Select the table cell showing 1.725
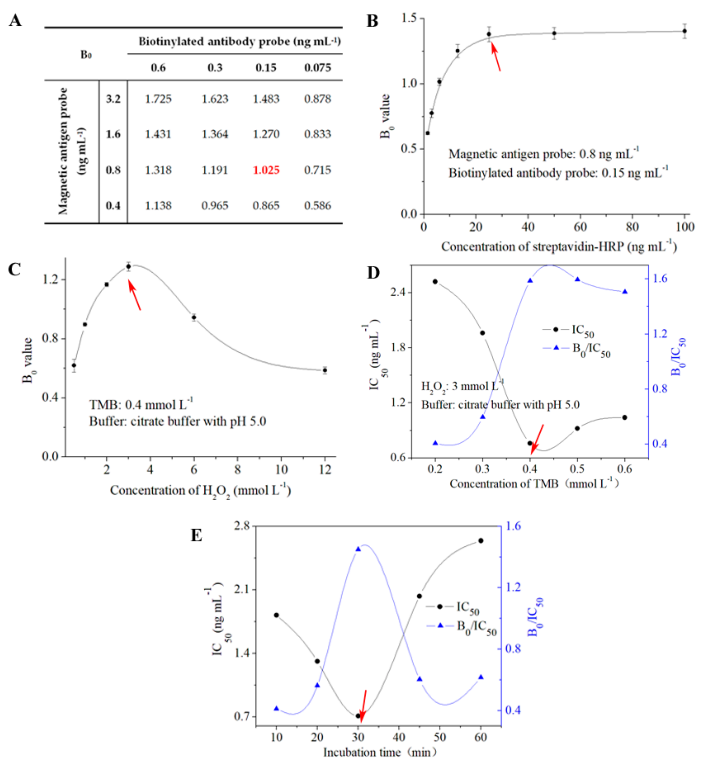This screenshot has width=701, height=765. (158, 99)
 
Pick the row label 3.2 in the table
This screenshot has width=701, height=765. (113, 99)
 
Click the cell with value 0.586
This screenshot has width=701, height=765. (318, 206)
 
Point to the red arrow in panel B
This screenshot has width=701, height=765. (496, 57)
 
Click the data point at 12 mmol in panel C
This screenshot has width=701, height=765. (325, 370)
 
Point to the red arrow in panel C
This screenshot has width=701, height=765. (135, 295)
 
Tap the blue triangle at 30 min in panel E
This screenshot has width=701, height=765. (358, 549)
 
